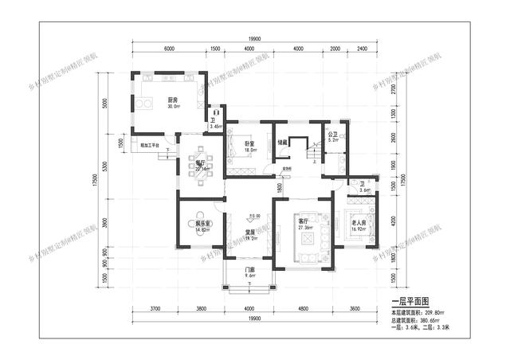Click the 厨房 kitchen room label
coord(172,100)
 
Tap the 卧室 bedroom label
coord(249,143)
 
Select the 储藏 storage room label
coord(282,143)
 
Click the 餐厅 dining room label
coord(200,162)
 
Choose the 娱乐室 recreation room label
coord(202,225)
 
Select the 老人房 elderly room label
coord(359,224)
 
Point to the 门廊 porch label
coord(249,270)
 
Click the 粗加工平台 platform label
coord(150,145)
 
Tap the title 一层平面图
coord(411,302)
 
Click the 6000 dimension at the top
coord(169,49)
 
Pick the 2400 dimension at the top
coord(363,49)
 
